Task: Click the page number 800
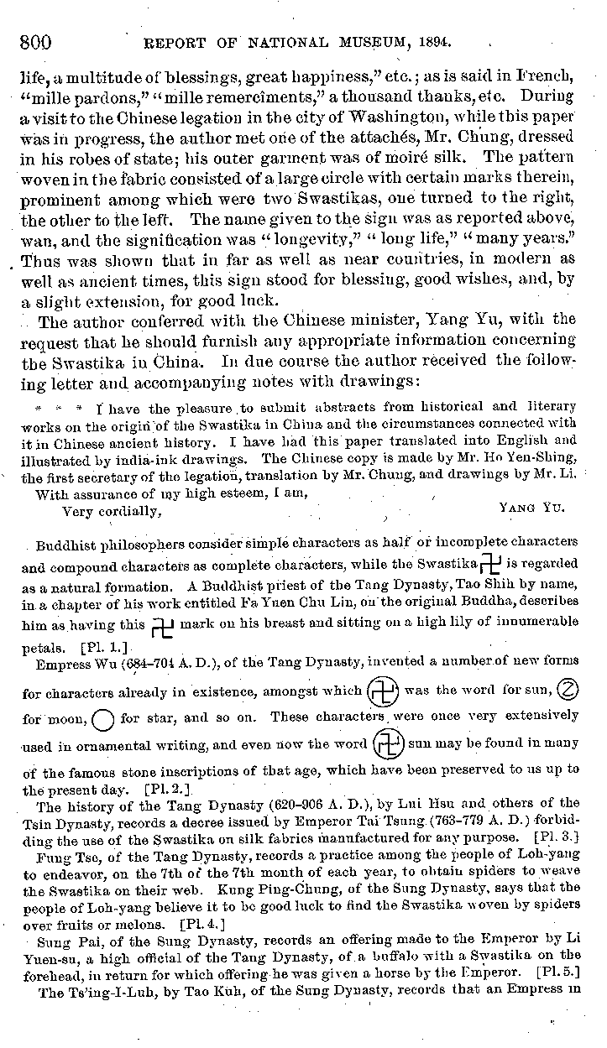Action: (34, 40)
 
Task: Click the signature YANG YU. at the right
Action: (531, 508)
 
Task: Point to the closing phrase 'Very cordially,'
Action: (112, 511)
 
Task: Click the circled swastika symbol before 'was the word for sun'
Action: (384, 693)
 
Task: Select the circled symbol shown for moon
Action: (568, 691)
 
